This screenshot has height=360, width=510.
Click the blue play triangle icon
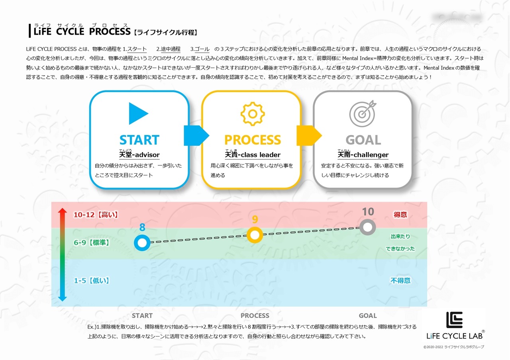(x=138, y=113)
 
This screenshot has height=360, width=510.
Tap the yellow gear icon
(x=253, y=114)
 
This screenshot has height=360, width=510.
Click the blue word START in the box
(x=139, y=140)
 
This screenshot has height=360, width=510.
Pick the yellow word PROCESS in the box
(x=253, y=140)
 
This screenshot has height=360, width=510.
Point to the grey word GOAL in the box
(x=363, y=140)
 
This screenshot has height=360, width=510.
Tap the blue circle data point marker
(x=142, y=242)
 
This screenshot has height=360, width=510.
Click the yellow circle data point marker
(x=255, y=235)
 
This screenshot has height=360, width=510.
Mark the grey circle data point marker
(x=368, y=227)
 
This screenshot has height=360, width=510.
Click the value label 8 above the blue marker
(x=142, y=228)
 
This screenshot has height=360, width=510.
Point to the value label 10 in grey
(x=368, y=212)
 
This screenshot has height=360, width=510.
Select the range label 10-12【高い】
(x=96, y=215)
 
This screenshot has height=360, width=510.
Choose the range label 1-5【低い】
(x=92, y=281)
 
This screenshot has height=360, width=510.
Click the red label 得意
(x=400, y=215)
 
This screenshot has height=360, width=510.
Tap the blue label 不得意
(x=400, y=281)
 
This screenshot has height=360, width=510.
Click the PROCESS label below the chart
(x=255, y=316)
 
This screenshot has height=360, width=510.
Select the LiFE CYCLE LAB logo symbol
(x=454, y=320)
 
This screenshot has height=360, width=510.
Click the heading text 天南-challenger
(x=363, y=155)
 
